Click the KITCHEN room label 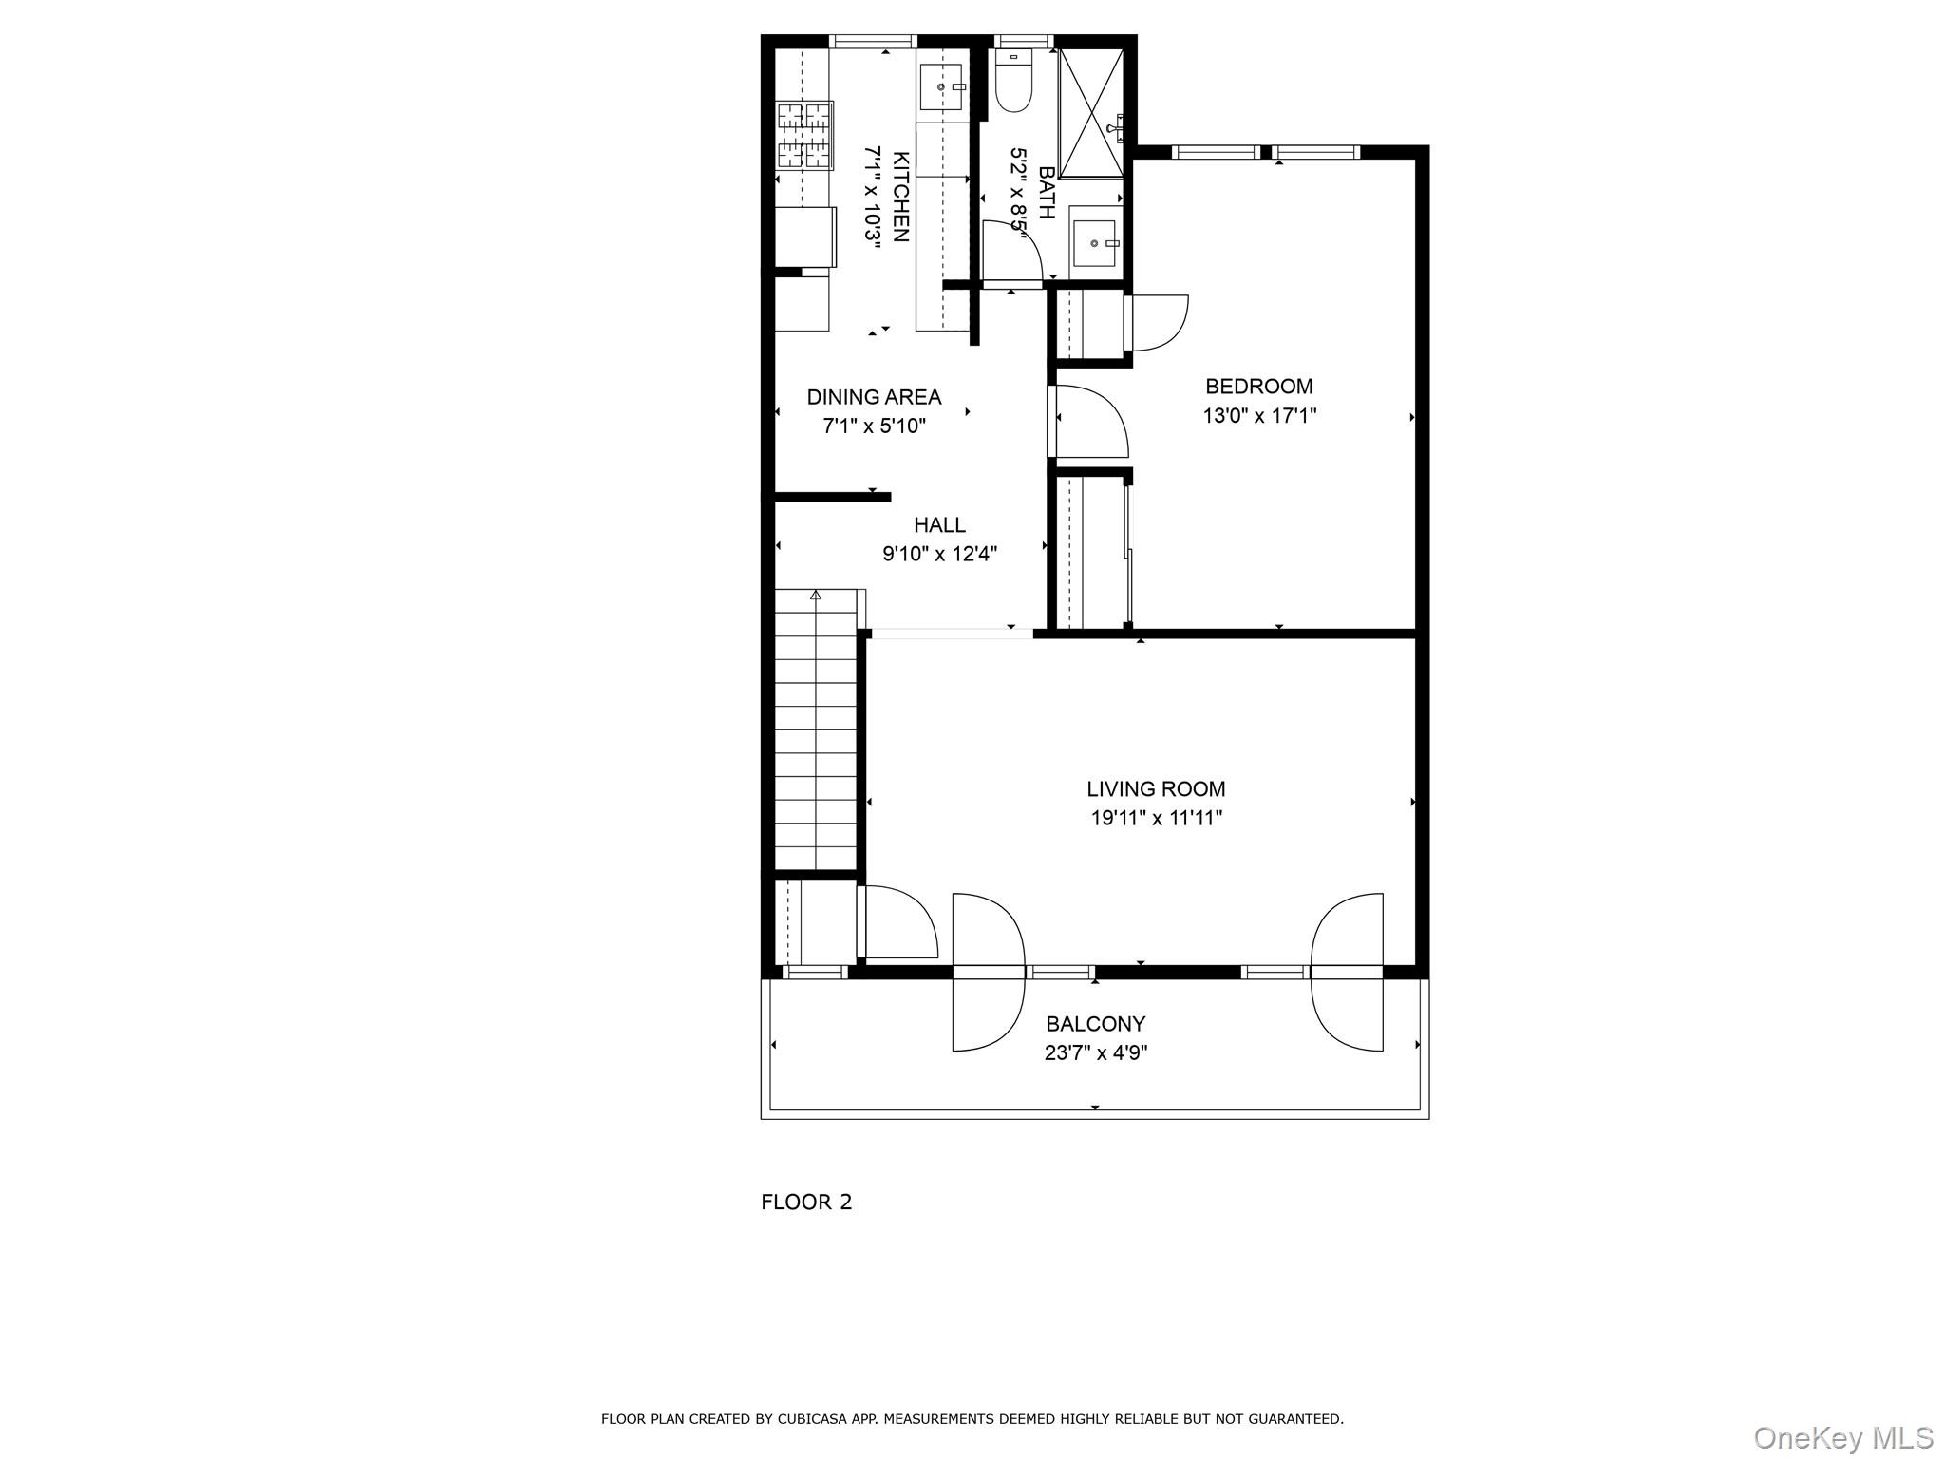pyautogui.click(x=901, y=197)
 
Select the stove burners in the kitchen pyautogui.click(x=805, y=135)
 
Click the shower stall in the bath pyautogui.click(x=1091, y=113)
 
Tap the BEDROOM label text pyautogui.click(x=1259, y=387)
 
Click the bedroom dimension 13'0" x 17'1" pyautogui.click(x=1259, y=416)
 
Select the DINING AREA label pyautogui.click(x=874, y=397)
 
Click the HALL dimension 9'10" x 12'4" pyautogui.click(x=940, y=554)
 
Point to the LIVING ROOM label pyautogui.click(x=1156, y=789)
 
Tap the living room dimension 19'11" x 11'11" pyautogui.click(x=1156, y=818)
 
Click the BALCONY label pyautogui.click(x=1096, y=1024)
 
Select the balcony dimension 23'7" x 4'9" pyautogui.click(x=1096, y=1052)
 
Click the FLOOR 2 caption pyautogui.click(x=806, y=1203)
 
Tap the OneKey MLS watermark pyautogui.click(x=1843, y=1437)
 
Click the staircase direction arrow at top pyautogui.click(x=815, y=596)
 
